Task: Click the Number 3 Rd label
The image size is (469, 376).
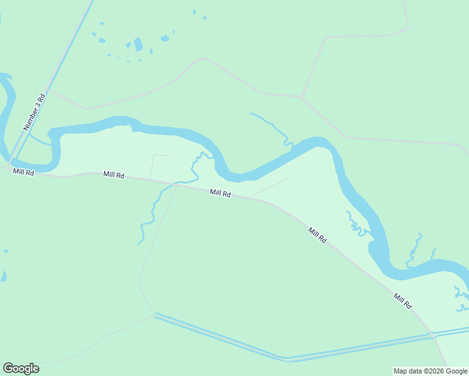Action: tap(35, 112)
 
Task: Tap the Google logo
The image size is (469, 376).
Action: tap(21, 368)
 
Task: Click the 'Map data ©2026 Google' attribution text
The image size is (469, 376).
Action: tap(430, 371)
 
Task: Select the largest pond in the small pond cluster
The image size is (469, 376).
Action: tap(138, 44)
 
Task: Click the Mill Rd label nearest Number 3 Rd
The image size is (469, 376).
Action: tap(24, 172)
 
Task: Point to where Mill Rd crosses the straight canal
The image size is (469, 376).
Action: tap(433, 335)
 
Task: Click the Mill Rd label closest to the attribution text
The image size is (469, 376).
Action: tap(403, 301)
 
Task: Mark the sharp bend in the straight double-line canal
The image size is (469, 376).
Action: tap(286, 360)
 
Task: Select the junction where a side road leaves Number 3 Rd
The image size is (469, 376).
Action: tap(48, 91)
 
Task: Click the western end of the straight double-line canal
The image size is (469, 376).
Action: tap(155, 315)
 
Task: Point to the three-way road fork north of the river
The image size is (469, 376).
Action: tap(302, 97)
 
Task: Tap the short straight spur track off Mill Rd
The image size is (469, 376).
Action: tap(270, 187)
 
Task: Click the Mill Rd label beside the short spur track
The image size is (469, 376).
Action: tap(220, 194)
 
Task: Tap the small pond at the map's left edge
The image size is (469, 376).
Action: tap(3, 276)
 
